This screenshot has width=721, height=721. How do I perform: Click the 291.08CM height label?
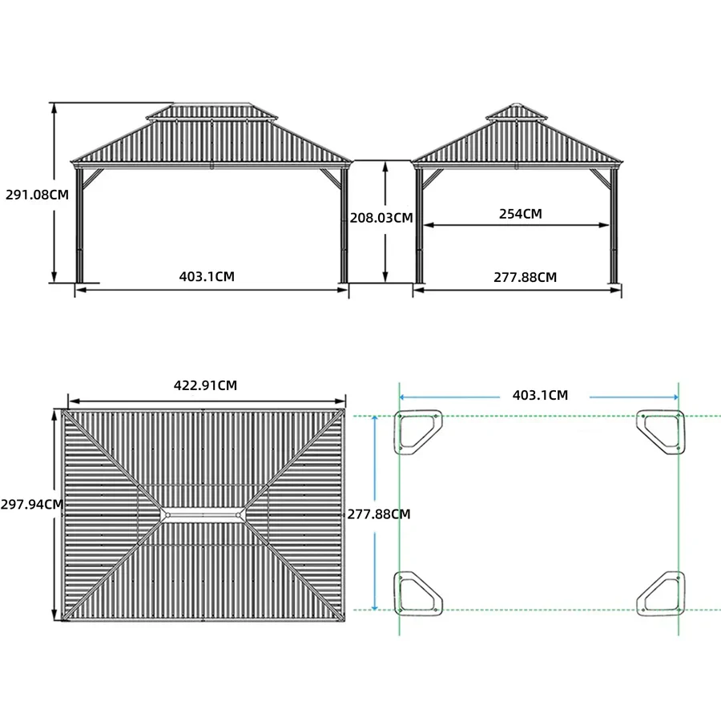(x=37, y=195)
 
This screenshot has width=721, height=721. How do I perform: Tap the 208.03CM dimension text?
(x=381, y=217)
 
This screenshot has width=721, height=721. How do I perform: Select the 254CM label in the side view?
(x=521, y=214)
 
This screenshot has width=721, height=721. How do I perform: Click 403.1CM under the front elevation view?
(x=207, y=276)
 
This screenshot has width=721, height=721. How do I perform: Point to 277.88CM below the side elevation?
(x=525, y=277)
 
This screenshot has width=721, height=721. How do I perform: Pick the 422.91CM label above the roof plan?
(x=206, y=385)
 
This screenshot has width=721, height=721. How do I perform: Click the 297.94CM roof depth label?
(x=32, y=505)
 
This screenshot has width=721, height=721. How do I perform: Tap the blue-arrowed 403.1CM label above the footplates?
(x=540, y=395)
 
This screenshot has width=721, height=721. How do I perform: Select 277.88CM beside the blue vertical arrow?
(x=379, y=514)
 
